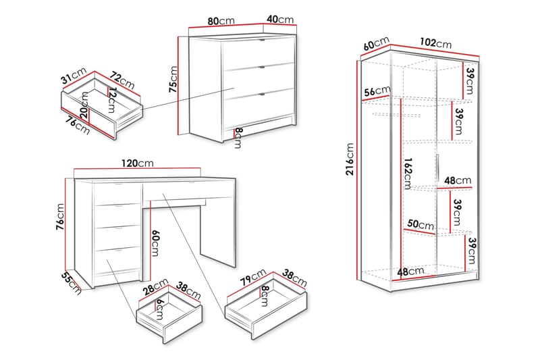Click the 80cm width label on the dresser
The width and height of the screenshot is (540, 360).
pyautogui.click(x=221, y=21)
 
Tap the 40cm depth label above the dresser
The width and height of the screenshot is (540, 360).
pyautogui.click(x=280, y=20)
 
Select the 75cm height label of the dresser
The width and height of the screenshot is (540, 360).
pyautogui.click(x=173, y=79)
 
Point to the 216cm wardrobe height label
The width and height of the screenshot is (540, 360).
pyautogui.click(x=350, y=159)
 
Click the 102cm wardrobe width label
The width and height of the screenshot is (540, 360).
pyautogui.click(x=435, y=43)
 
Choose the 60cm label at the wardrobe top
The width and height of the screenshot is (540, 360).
pyautogui.click(x=376, y=43)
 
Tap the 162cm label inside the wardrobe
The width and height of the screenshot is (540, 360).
pyautogui.click(x=408, y=174)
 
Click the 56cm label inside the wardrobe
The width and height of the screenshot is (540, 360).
pyautogui.click(x=377, y=91)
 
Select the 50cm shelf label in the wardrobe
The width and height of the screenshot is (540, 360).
pyautogui.click(x=421, y=225)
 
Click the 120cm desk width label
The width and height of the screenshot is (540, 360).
pyautogui.click(x=138, y=163)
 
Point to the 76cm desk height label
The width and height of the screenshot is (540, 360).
pyautogui.click(x=60, y=217)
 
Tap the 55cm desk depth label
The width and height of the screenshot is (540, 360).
pyautogui.click(x=72, y=284)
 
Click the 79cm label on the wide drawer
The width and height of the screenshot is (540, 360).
pyautogui.click(x=253, y=277)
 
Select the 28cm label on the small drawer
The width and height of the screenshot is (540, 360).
pyautogui.click(x=156, y=286)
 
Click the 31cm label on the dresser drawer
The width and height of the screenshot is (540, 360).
pyautogui.click(x=74, y=76)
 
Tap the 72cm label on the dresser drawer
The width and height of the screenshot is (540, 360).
pyautogui.click(x=122, y=80)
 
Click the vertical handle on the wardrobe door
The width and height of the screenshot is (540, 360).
pyautogui.click(x=437, y=168)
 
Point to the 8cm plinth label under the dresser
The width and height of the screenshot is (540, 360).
pyautogui.click(x=238, y=138)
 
